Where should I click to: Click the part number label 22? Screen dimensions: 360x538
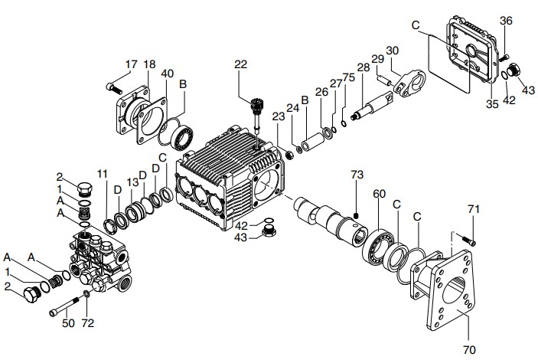tap(241, 65)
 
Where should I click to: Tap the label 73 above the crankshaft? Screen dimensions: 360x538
tap(356, 175)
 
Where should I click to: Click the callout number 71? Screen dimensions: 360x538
tap(474, 209)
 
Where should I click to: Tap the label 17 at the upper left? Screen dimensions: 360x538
tap(131, 64)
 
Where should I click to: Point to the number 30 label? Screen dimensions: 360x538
tap(393, 51)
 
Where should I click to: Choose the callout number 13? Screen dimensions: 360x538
tap(131, 182)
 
